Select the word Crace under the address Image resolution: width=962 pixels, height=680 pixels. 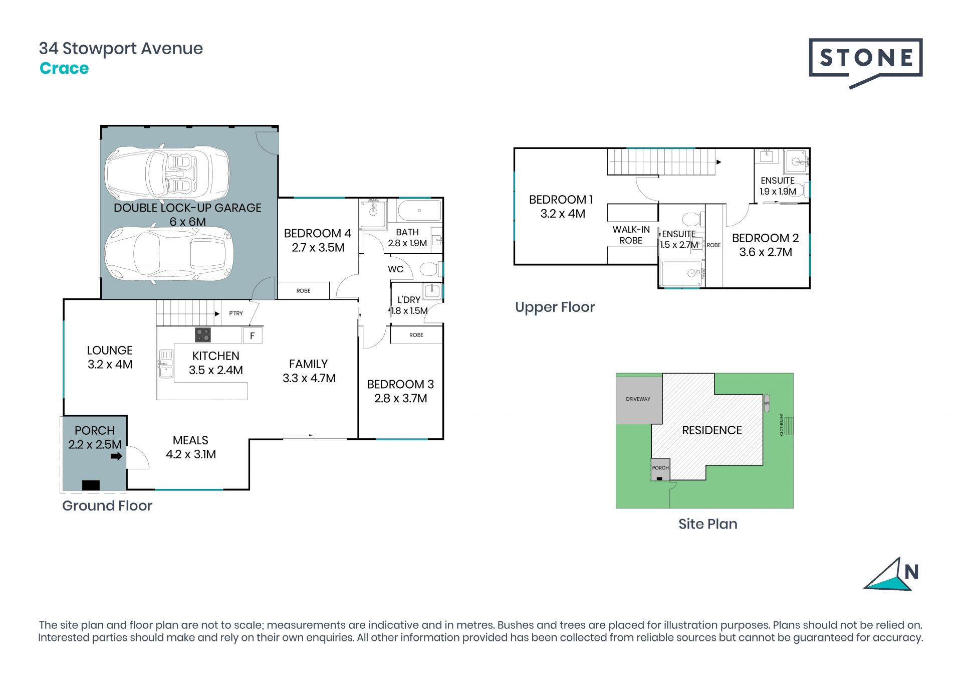64,68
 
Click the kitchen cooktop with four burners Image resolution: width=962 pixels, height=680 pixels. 203,334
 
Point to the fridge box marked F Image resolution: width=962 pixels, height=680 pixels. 253,335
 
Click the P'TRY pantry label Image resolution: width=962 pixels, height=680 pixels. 236,313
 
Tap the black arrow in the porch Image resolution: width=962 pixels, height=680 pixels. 116,456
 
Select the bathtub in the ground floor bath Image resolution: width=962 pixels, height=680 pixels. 419,211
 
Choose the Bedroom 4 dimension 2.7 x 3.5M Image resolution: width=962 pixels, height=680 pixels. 318,248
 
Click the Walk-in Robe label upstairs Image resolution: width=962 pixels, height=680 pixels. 631,235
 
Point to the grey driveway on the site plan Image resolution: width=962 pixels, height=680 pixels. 639,400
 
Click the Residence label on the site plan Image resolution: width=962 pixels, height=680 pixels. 712,430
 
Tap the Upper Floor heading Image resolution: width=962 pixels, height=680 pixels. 555,307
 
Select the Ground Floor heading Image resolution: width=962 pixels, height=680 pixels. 107,505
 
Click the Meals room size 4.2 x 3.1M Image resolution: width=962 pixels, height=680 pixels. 191,454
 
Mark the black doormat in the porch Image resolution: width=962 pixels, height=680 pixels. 91,485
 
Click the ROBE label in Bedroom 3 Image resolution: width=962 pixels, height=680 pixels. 416,335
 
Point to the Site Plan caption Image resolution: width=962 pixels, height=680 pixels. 708,524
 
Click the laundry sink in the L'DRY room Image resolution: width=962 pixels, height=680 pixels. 432,291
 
